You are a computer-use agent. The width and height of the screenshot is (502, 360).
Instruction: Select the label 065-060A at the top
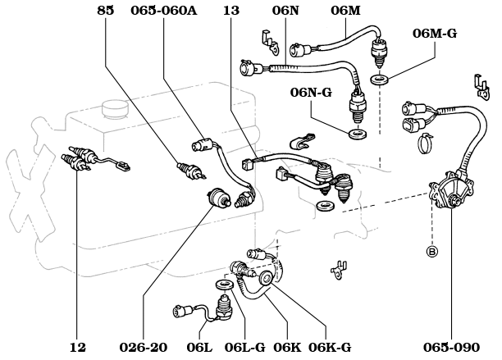163,11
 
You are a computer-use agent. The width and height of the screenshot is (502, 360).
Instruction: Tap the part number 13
232,11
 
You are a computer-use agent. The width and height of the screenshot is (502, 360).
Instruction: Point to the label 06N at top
285,11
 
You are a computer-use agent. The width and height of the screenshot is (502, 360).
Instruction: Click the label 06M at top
345,11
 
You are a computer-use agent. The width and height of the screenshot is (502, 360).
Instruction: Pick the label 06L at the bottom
199,348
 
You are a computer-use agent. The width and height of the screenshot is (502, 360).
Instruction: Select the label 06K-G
331,348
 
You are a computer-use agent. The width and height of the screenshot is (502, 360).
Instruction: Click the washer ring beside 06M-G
379,80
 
